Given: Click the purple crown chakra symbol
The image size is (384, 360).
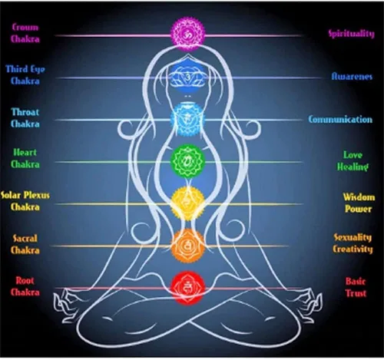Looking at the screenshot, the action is tap(188, 34).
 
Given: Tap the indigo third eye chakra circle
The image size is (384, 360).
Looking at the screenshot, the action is tap(188, 76).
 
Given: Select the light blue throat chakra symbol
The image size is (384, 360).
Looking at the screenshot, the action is tap(188, 118).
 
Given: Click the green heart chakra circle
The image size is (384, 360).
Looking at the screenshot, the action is tap(188, 161).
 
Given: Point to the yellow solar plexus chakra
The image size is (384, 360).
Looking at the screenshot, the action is tap(188, 203).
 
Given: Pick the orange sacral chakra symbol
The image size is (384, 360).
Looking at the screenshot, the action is tap(188, 246).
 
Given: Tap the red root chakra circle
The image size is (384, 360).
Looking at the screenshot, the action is tap(188, 288).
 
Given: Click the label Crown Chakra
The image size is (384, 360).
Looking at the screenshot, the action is tap(25, 33).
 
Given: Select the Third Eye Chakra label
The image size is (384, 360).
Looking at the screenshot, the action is tap(25, 75).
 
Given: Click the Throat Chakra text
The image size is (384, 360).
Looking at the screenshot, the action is tap(25, 117).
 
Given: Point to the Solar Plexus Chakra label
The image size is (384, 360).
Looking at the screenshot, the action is tap(25, 201).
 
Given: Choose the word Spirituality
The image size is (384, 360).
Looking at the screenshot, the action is tap(352, 34).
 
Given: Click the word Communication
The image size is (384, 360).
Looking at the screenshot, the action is tap(340, 120).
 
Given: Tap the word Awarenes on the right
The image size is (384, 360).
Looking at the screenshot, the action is tap(352, 76).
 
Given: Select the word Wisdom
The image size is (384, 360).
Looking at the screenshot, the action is tap(359, 197).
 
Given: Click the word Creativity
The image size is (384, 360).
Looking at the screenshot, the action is tap(353, 249).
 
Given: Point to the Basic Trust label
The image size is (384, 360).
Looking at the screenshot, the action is tap(356, 287).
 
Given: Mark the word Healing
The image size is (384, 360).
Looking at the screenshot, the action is tap(353, 167).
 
